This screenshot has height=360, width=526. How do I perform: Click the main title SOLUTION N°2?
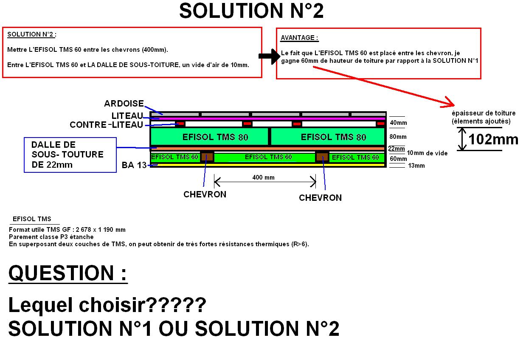[x=251, y=11]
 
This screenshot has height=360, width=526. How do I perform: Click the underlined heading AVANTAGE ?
[x=299, y=38]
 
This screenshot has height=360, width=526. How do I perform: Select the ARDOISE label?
[x=124, y=104]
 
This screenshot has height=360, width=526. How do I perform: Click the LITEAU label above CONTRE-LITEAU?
[x=127, y=115]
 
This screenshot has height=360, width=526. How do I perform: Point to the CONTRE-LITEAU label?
[x=106, y=125]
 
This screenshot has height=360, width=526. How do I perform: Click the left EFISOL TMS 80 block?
[x=209, y=137]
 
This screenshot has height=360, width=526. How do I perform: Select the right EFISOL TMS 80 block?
[x=328, y=137]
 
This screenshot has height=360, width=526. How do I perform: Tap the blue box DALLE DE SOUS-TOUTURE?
[x=70, y=155]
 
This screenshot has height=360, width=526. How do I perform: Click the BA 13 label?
[x=134, y=165]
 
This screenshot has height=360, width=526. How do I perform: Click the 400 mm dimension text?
[x=263, y=177]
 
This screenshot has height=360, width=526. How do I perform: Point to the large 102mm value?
[x=493, y=139]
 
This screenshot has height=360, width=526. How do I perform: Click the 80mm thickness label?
[x=398, y=137]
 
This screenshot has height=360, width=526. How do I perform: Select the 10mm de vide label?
[x=427, y=153]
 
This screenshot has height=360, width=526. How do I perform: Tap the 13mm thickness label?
[x=416, y=166]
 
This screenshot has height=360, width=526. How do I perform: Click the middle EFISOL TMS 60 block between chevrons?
[x=268, y=157]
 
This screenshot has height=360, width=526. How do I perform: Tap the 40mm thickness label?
[x=398, y=123]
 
